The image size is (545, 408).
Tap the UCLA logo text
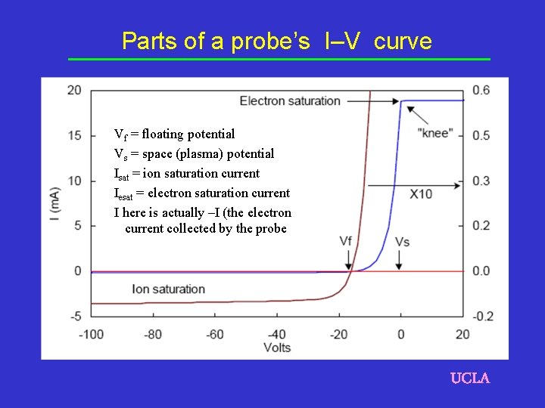click(470, 378)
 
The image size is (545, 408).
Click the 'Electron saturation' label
click(290, 101)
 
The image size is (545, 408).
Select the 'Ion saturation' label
click(168, 289)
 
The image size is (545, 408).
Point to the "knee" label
click(435, 133)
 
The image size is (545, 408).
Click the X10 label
click(421, 194)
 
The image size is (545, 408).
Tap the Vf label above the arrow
click(346, 241)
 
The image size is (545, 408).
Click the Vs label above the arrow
click(403, 241)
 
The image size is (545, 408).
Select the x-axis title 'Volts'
click(277, 348)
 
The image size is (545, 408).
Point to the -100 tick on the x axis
click(91, 334)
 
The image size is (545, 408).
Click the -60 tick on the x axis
click(215, 334)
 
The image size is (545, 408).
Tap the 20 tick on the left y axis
click(74, 91)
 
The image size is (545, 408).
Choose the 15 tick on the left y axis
click(74, 135)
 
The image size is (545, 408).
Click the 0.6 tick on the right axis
click(481, 91)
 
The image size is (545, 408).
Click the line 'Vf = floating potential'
click(174, 134)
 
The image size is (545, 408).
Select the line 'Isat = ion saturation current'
click(186, 174)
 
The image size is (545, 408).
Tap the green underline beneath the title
click(279, 59)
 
